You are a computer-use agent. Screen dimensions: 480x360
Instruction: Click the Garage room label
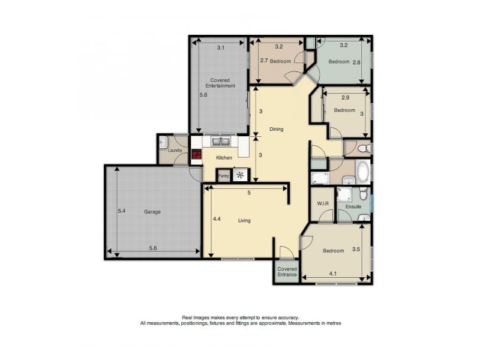click(152, 212)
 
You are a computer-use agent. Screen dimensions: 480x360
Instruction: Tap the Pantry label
click(223, 176)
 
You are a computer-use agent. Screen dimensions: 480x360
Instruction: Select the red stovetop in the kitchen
click(197, 154)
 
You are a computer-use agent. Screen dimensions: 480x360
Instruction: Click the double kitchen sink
click(221, 142)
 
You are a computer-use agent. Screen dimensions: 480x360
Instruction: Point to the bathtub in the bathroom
click(363, 170)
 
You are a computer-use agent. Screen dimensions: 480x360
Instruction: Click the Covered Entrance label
click(287, 272)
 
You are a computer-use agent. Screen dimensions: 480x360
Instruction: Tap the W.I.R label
click(323, 203)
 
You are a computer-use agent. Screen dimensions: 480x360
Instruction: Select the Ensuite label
click(353, 206)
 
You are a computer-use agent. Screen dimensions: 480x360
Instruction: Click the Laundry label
click(175, 151)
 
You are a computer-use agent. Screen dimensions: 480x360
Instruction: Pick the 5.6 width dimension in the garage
click(153, 248)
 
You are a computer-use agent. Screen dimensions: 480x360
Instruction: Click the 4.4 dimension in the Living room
click(217, 219)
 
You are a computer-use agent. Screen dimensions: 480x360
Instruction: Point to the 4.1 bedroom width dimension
click(332, 274)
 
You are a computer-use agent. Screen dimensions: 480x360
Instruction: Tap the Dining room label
click(276, 129)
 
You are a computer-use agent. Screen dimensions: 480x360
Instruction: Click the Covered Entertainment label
click(220, 83)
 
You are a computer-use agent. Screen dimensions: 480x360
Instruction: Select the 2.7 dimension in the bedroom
click(264, 61)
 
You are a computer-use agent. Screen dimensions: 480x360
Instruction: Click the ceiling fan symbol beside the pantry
click(240, 175)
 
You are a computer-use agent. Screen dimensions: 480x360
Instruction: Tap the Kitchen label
click(224, 158)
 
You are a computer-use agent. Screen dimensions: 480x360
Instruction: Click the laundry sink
click(163, 142)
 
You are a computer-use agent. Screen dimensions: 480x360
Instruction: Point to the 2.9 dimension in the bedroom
click(346, 98)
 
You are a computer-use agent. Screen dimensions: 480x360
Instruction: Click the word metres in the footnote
click(333, 323)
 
